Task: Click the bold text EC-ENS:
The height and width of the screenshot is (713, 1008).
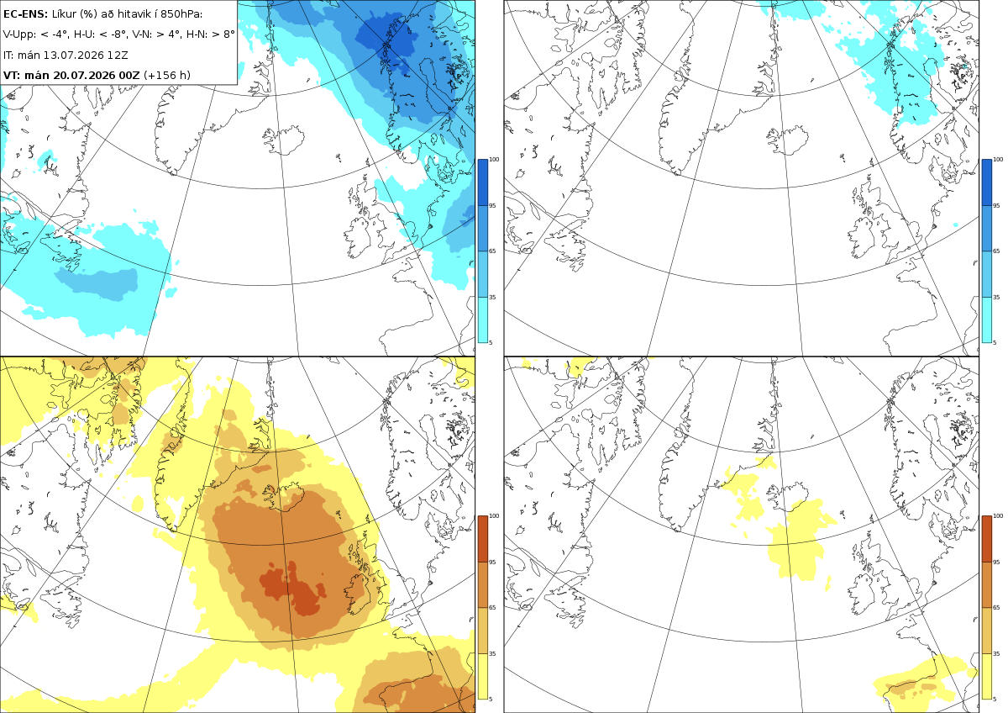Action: coord(25,14)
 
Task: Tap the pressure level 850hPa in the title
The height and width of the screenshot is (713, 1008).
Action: coord(181,14)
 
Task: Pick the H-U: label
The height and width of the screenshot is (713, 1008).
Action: coord(85,34)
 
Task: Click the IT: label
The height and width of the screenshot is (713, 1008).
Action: coord(8,55)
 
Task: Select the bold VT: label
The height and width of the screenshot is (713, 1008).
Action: coord(11,75)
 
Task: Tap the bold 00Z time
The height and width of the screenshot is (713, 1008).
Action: coord(129,75)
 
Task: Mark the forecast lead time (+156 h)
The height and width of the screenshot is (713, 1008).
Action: coord(167,75)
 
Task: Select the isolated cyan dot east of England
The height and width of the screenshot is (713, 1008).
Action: coord(956,224)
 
